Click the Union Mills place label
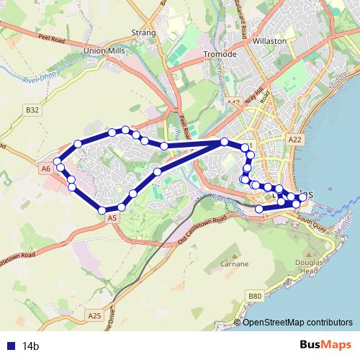(x=105, y=52)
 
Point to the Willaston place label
(x=270, y=42)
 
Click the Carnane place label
(x=234, y=265)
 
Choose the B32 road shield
(x=31, y=110)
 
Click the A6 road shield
(x=46, y=168)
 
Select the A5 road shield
(x=111, y=217)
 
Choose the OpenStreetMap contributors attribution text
(x=297, y=322)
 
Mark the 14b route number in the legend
(x=30, y=346)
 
